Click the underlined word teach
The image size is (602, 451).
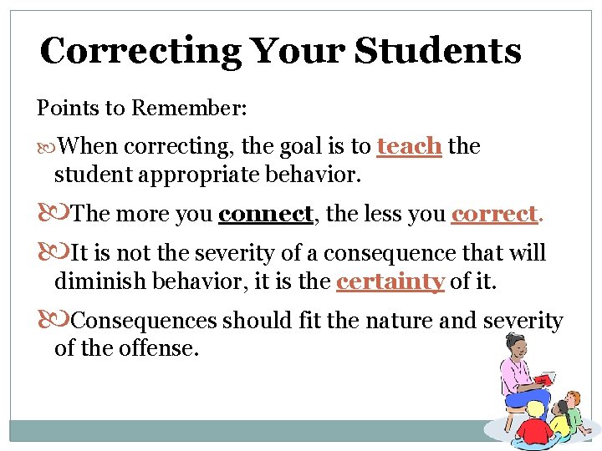tap(409, 146)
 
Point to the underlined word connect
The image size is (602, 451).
tap(265, 214)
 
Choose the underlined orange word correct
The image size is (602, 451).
tap(494, 214)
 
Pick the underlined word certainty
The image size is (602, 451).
tap(390, 281)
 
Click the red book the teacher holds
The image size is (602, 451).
tap(543, 380)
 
